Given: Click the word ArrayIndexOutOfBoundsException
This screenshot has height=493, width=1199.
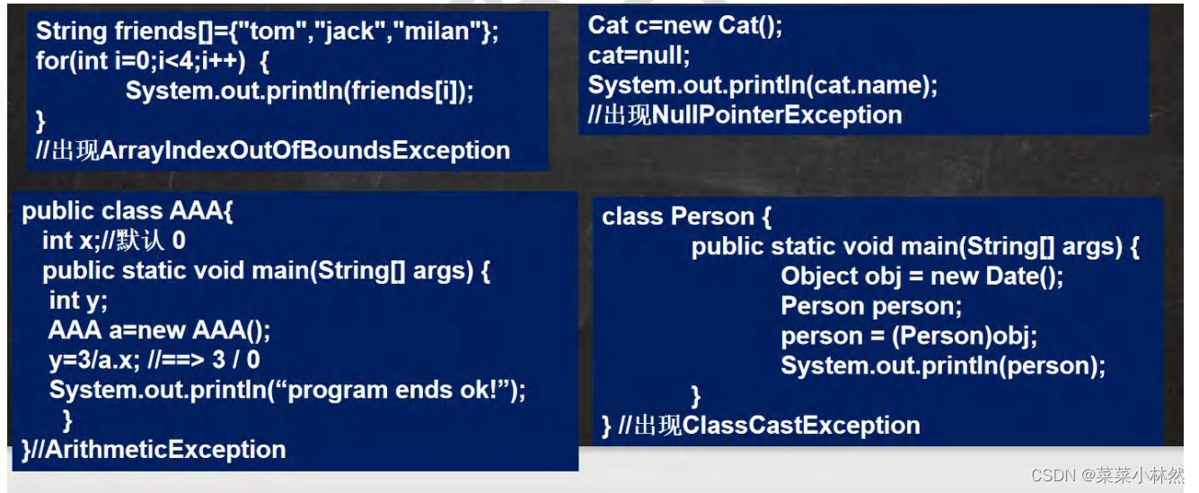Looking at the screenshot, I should point(305,150).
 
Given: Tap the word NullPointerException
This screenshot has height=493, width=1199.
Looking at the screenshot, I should point(777,115).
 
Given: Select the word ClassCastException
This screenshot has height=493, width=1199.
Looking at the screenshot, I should point(801,425).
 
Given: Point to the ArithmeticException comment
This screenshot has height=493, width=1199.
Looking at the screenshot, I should point(158,449).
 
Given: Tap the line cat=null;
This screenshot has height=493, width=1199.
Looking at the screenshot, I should point(639,56).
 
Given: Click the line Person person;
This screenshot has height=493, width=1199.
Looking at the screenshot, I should point(871,306).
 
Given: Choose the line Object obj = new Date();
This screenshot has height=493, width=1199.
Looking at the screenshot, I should point(921,276).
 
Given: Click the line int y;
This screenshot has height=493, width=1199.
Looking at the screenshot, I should point(78,300).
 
